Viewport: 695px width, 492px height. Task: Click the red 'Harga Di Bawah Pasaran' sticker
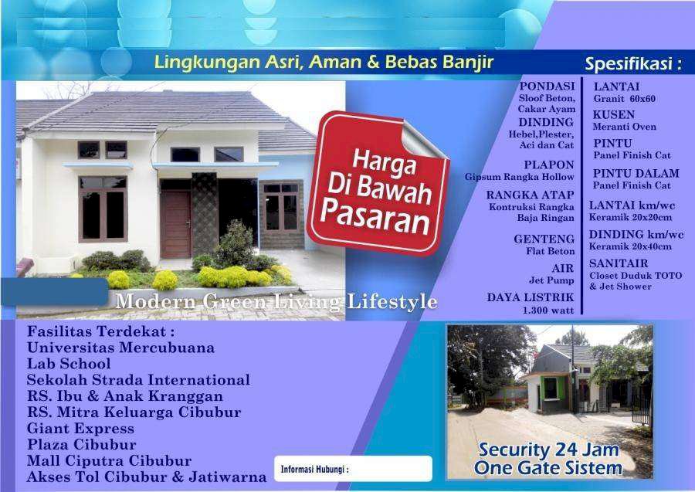(378, 183)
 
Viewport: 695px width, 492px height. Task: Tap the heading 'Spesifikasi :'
(633, 64)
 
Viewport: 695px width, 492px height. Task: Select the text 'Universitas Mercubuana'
(120, 348)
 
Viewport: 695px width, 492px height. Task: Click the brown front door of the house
(175, 224)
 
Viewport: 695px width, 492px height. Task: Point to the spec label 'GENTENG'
(544, 239)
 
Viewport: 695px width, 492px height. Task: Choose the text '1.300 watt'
(548, 310)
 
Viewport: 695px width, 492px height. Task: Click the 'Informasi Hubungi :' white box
(353, 469)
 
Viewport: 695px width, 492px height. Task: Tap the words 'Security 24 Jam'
(549, 450)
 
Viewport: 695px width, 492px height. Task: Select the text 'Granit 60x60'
(625, 98)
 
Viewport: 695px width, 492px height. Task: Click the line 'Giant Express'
(80, 429)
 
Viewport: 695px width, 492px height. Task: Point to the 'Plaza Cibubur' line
(82, 445)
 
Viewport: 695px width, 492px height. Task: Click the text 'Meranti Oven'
(625, 127)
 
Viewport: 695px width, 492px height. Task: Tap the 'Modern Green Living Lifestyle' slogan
(276, 302)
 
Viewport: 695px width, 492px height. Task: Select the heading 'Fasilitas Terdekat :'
(100, 331)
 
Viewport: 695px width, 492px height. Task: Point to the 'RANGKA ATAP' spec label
(530, 195)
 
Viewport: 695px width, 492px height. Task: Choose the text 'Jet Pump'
(551, 280)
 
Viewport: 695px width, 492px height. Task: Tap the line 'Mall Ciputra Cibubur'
(109, 461)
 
